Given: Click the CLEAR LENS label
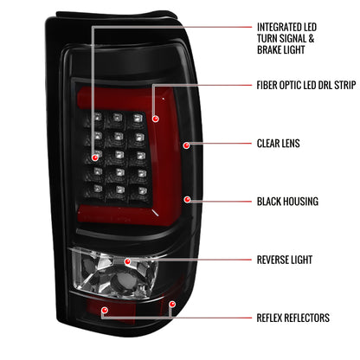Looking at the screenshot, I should coord(278,143).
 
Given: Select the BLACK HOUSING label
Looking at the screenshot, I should coord(287,201).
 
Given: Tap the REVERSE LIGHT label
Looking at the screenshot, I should coord(285,259).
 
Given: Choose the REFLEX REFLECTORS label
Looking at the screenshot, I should coord(292,318).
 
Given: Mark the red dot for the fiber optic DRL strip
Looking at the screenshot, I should coord(154,117).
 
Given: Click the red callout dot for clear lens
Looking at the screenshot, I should coord(186,144).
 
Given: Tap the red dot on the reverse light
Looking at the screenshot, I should coord(127,260).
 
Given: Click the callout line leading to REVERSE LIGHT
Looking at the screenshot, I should coord(190,259).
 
